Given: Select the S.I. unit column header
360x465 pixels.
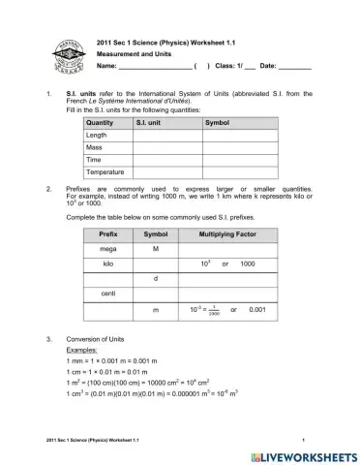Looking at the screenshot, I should click(x=149, y=123).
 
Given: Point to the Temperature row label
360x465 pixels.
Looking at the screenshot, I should click(x=105, y=171).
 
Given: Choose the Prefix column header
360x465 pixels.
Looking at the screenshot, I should click(x=107, y=234).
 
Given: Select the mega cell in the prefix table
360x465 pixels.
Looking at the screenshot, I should click(x=107, y=249).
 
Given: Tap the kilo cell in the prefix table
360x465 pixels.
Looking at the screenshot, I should click(x=107, y=263).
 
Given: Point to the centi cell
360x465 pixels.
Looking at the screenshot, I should click(x=107, y=293).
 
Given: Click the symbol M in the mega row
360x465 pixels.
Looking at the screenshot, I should click(x=155, y=249).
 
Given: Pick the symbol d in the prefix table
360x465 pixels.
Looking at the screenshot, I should click(x=155, y=278).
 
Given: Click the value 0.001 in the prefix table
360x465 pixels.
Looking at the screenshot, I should click(x=256, y=309).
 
